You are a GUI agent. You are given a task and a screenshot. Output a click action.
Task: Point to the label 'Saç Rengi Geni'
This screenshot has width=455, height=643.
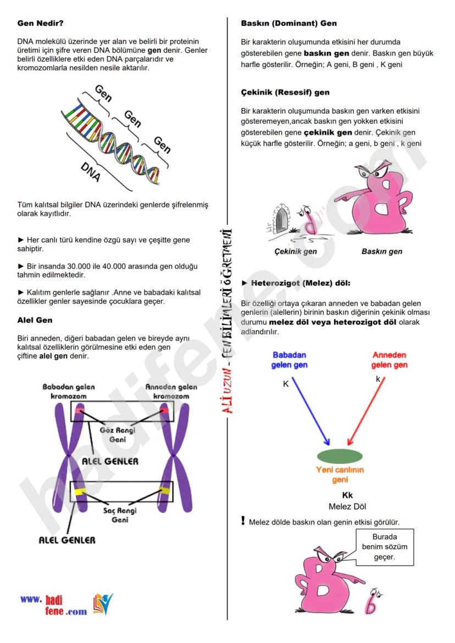[120, 515]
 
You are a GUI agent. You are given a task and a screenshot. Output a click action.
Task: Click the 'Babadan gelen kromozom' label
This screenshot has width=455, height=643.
[69, 392]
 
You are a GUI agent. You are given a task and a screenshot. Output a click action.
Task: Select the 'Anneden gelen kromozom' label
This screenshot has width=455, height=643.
[171, 392]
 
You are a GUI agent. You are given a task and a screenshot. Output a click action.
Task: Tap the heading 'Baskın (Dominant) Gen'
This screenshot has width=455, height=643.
[289, 24]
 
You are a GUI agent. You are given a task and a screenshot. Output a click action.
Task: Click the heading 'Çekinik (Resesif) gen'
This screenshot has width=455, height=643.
[285, 92]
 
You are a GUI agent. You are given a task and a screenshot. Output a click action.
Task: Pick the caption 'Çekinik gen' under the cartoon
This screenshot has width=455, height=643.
[296, 251]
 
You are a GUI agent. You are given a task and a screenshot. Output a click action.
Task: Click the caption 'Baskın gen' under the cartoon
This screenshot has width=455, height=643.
[381, 251]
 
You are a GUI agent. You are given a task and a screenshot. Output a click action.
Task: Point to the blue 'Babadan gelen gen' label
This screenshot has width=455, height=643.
[289, 360]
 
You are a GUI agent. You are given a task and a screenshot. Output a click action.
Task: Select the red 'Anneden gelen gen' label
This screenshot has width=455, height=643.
[389, 360]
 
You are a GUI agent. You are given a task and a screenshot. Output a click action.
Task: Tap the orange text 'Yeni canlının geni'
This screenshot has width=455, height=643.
[340, 475]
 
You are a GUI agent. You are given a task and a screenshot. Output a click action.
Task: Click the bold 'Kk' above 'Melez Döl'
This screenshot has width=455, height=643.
[347, 495]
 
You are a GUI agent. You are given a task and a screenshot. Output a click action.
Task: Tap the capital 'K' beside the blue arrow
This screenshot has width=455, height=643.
[286, 384]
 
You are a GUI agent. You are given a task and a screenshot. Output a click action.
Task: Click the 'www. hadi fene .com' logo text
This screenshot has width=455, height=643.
[54, 605]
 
